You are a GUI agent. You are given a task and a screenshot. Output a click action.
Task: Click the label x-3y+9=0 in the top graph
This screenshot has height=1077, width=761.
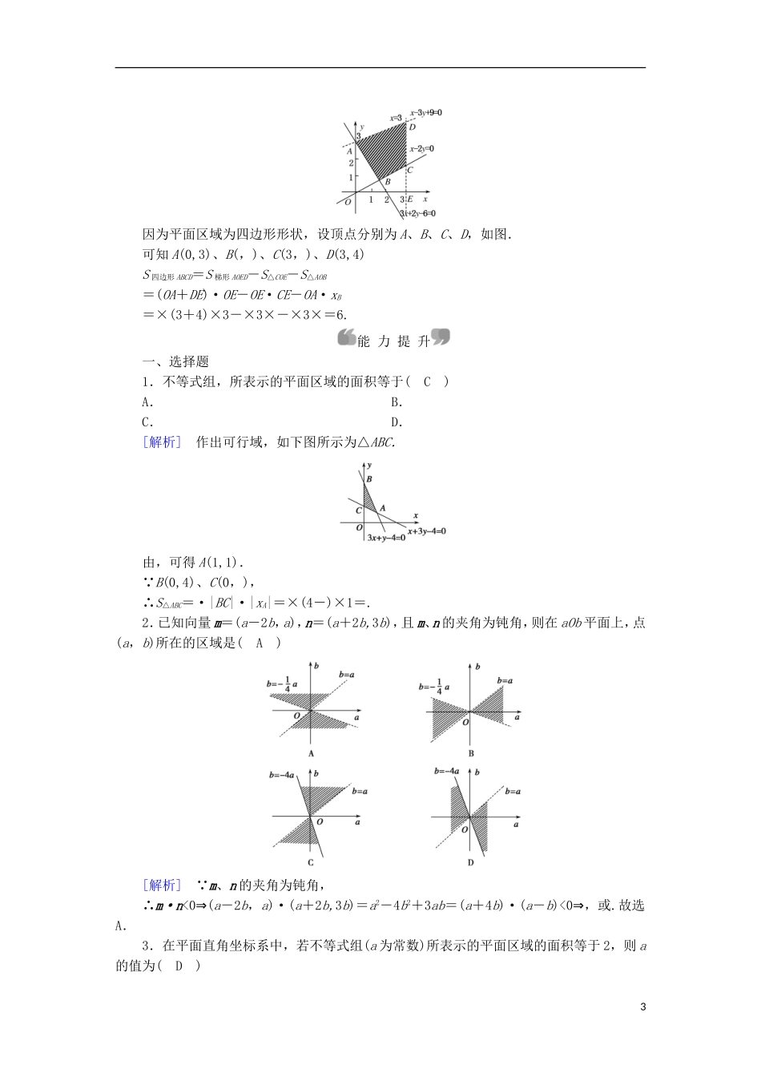426,113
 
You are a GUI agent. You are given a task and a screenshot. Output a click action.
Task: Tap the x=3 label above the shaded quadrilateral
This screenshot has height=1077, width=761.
396,118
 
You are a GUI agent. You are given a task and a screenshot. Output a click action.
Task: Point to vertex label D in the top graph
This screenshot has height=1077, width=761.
413,127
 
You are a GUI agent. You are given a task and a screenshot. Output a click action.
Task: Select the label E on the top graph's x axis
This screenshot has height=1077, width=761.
410,200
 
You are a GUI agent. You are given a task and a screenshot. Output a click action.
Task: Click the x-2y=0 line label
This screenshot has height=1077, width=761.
421,149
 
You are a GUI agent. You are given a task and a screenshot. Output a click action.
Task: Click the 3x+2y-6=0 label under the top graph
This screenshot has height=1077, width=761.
417,213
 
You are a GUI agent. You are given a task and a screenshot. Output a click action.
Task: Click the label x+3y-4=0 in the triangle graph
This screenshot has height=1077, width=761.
426,530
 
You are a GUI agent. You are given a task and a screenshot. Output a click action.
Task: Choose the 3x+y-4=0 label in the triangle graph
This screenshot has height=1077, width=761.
386,538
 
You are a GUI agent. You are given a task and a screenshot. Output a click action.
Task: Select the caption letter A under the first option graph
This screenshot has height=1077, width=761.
311,753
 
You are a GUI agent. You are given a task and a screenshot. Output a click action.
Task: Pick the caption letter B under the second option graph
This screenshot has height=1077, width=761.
471,753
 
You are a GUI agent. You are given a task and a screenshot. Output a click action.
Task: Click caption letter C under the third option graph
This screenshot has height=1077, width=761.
311,862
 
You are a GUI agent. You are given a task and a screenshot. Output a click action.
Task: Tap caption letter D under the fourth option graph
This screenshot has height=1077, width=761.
470,862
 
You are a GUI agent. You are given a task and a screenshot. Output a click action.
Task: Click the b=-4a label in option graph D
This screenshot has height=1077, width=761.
447,771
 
